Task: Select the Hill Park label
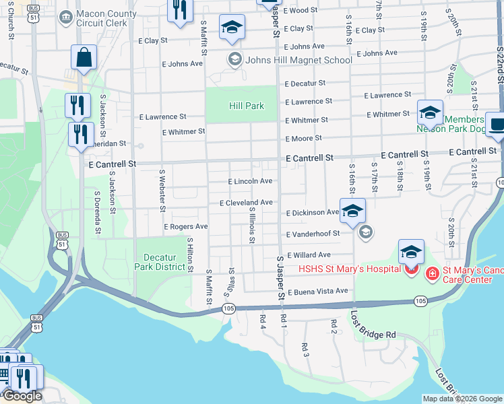coord(246,106)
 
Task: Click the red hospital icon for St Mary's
coord(432,271)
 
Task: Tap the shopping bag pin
coord(84,59)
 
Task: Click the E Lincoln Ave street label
coord(250,181)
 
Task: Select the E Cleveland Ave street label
coord(246,203)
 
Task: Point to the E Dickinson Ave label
coord(312,213)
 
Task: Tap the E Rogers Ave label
coord(186,227)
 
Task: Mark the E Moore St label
coord(303,138)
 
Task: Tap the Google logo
coord(22,396)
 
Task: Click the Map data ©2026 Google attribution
coord(462,399)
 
